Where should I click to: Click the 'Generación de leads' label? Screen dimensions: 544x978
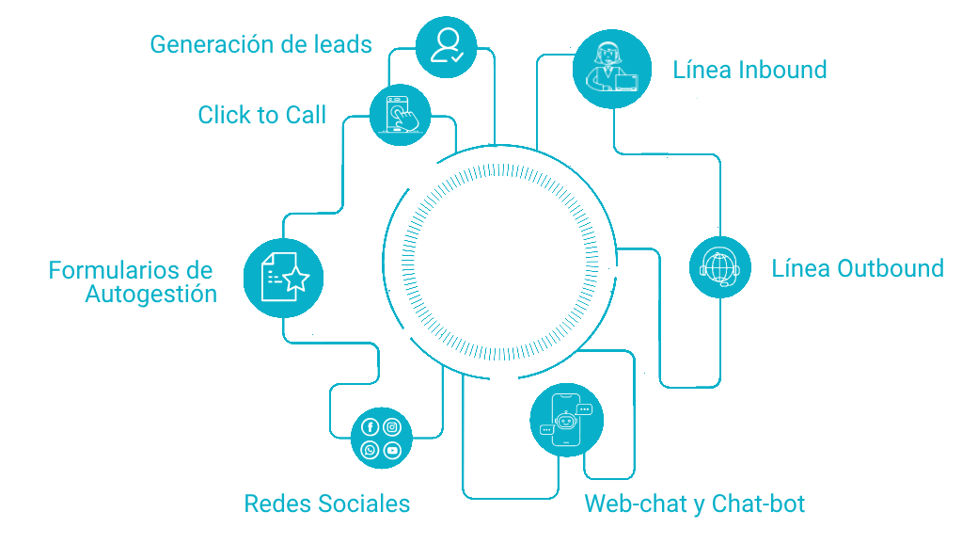tap(261, 44)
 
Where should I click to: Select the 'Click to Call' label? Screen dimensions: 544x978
tap(261, 115)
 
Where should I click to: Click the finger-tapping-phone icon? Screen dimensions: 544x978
tap(401, 115)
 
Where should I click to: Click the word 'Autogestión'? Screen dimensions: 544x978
tap(150, 294)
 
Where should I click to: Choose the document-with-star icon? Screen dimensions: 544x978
tap(283, 277)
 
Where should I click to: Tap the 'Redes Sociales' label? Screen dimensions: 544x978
tap(327, 504)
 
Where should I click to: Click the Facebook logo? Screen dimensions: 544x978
tap(370, 427)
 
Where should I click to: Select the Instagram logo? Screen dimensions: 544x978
tap(392, 427)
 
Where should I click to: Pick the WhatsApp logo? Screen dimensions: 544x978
tap(370, 451)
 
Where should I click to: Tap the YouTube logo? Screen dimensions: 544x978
tap(392, 451)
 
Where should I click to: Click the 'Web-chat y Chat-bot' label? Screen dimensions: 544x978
tap(694, 504)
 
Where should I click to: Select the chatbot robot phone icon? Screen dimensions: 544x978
tap(566, 420)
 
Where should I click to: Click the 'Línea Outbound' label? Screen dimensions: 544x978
tap(857, 268)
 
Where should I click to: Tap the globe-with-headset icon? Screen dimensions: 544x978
tap(720, 267)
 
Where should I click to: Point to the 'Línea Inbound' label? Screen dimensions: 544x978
tap(749, 70)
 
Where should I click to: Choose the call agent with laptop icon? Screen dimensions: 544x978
tap(612, 66)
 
